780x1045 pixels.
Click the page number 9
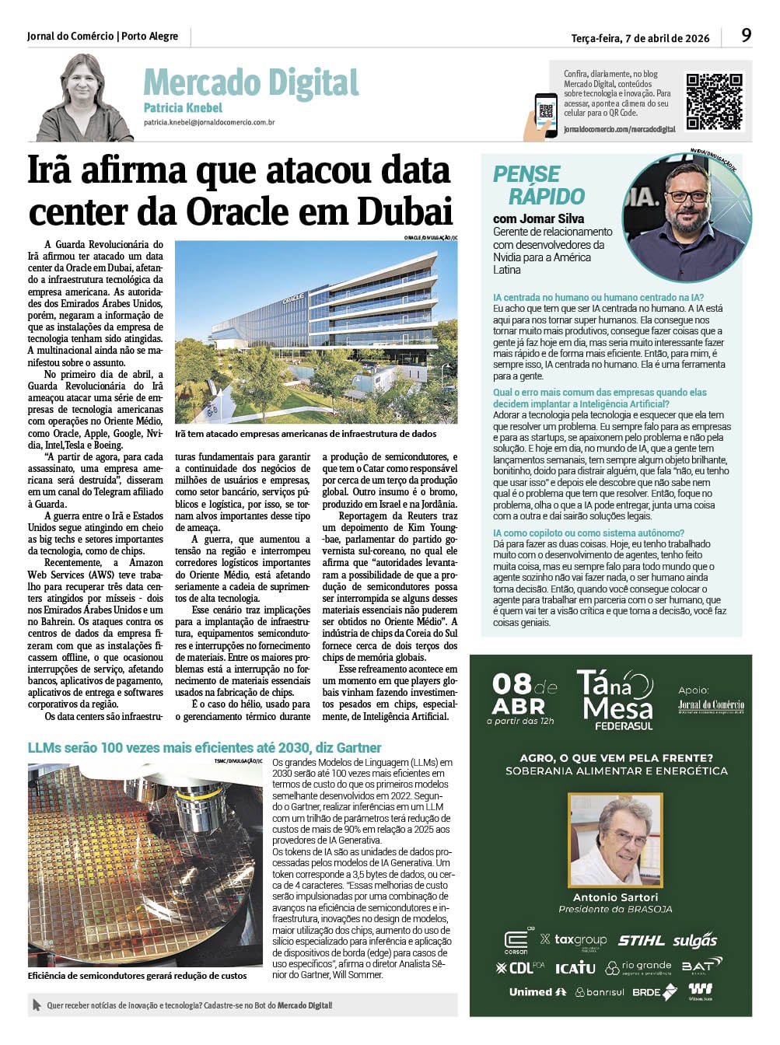click(746, 35)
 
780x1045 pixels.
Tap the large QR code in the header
click(713, 101)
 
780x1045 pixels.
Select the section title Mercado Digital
click(250, 82)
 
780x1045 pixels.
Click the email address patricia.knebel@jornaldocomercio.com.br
click(208, 123)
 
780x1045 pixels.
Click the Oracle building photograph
click(316, 332)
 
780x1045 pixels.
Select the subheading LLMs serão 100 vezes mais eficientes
click(205, 748)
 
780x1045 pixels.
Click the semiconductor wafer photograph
click(145, 865)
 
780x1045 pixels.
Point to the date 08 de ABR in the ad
click(524, 695)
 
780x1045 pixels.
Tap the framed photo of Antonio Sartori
click(615, 840)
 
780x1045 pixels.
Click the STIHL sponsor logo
click(641, 941)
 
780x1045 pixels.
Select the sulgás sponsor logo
click(695, 941)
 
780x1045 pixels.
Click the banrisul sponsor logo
click(600, 992)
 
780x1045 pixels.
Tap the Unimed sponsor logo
click(537, 992)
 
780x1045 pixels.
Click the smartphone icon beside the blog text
click(546, 113)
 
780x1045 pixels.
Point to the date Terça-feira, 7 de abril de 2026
click(640, 38)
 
